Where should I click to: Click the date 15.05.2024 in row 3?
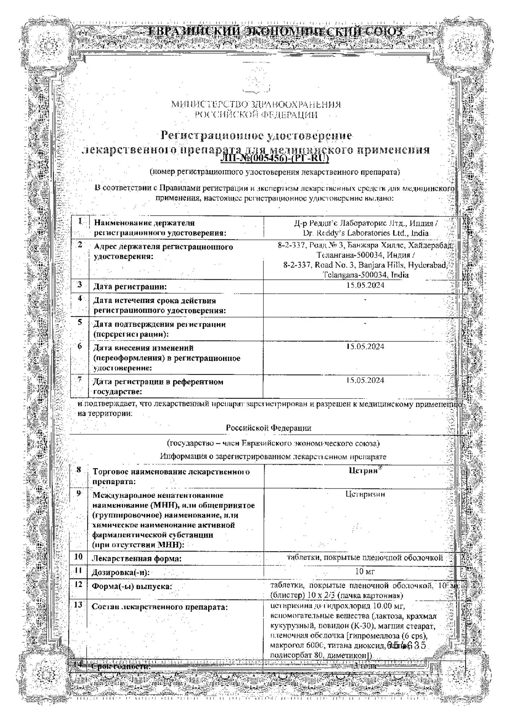click(x=365, y=285)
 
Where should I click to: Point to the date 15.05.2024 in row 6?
click(x=365, y=346)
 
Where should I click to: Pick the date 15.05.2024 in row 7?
click(x=365, y=380)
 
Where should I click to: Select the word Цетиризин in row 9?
click(x=365, y=494)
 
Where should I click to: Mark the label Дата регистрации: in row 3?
click(x=130, y=287)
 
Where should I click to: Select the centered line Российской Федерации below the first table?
click(x=268, y=428)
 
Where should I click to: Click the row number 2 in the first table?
click(x=80, y=245)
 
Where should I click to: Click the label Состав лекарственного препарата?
click(x=160, y=607)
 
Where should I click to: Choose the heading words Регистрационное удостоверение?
click(x=256, y=136)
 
